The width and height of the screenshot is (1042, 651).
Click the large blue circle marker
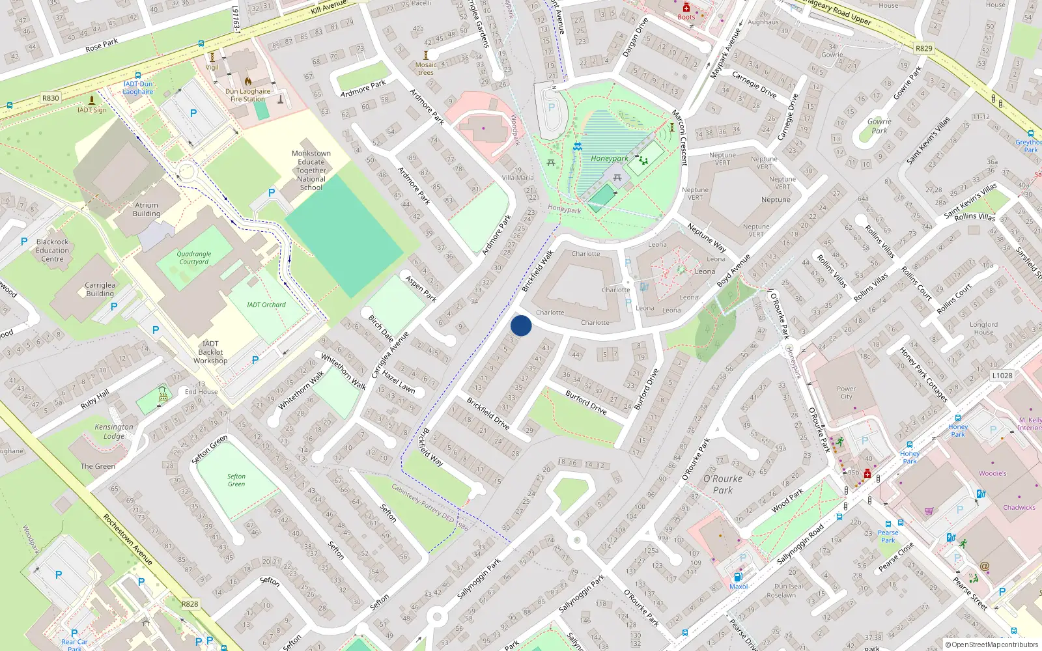521,325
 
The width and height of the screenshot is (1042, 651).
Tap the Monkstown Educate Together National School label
311,171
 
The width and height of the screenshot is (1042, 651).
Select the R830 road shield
51,98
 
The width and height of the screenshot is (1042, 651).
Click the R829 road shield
924,48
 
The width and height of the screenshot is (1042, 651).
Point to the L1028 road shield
1002,376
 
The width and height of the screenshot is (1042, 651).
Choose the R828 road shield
190,604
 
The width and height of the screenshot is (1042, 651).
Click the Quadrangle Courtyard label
194,258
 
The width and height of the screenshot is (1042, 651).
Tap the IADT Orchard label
266,305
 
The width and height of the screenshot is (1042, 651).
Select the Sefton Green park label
236,480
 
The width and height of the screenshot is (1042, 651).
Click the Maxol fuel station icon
738,576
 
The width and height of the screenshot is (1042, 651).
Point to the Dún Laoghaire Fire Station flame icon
248,81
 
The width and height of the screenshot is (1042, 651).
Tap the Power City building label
846,393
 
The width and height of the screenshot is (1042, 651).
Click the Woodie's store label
993,473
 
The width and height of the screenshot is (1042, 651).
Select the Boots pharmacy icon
686,8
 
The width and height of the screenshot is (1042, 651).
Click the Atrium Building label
147,209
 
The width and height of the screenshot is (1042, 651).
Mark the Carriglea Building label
100,289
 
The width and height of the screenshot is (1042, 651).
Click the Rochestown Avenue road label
128,540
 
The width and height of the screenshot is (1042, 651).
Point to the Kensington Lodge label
114,432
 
